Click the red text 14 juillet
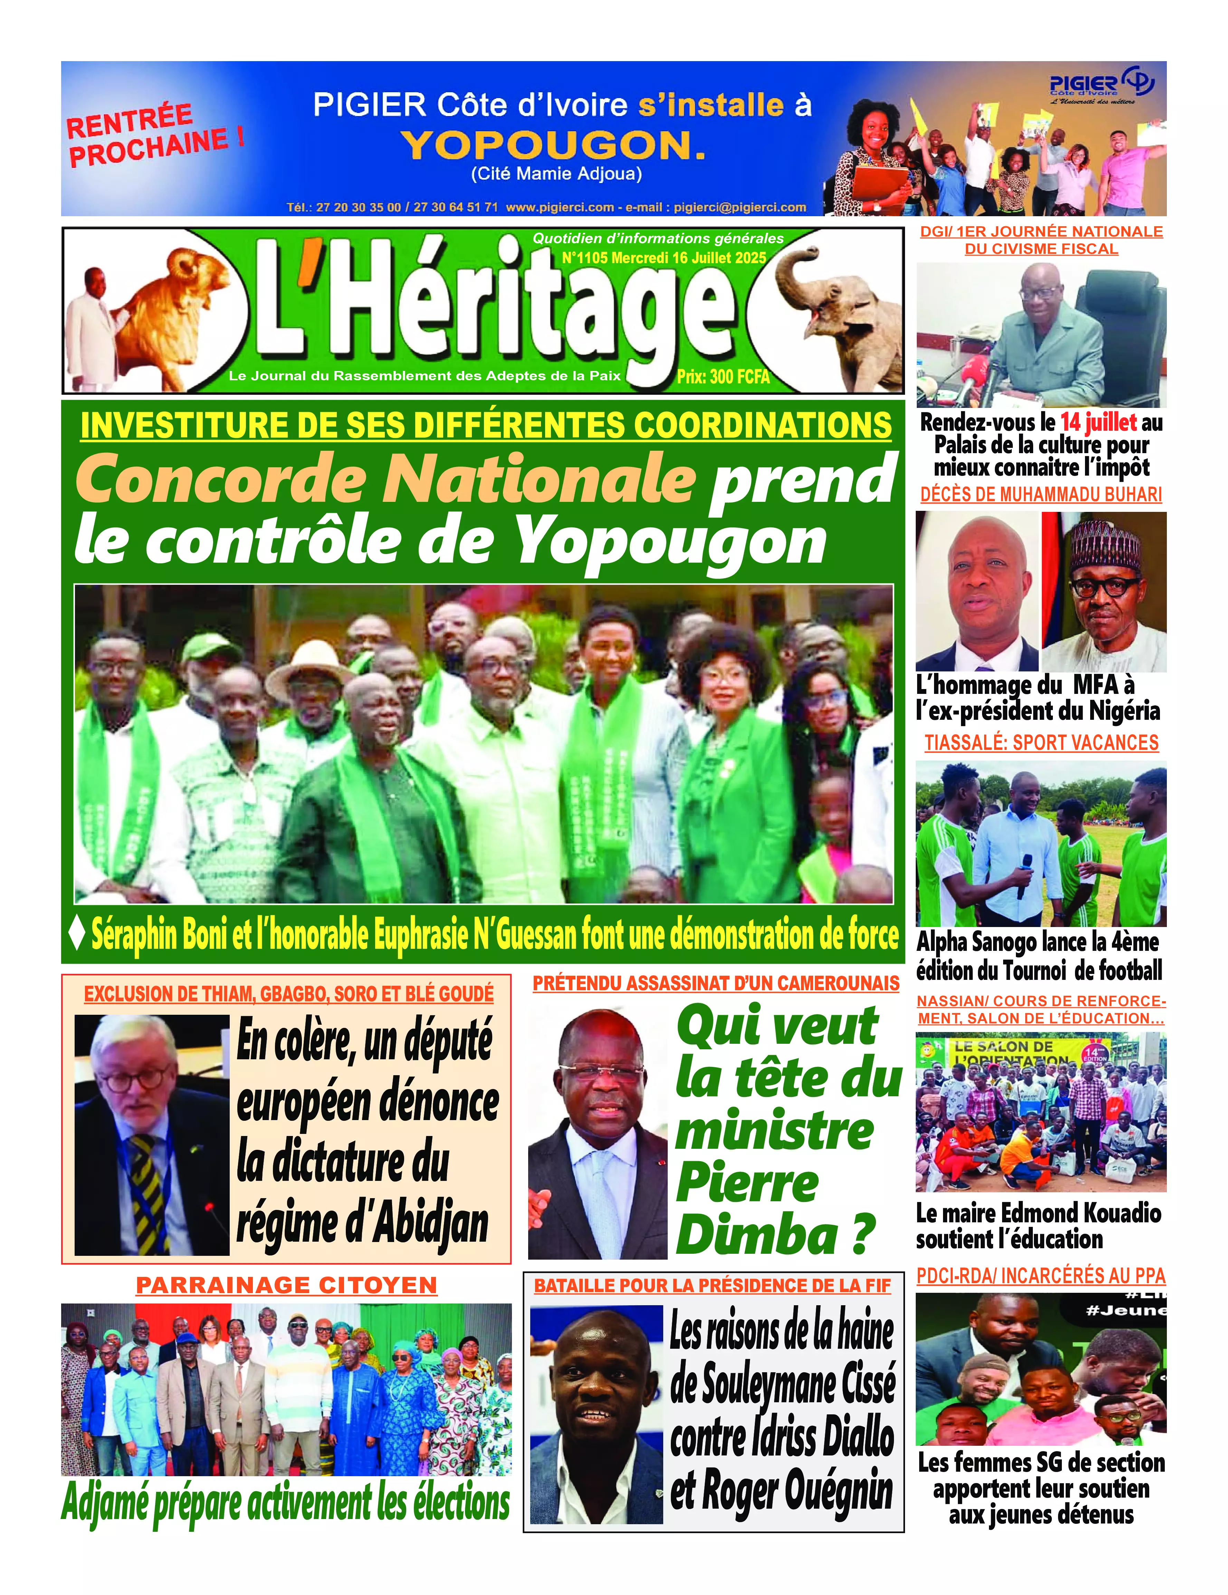coord(1098,422)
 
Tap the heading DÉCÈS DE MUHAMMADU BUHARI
coord(1040,494)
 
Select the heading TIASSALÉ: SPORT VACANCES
coord(1041,743)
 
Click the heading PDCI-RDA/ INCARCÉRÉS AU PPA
coord(1040,1276)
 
